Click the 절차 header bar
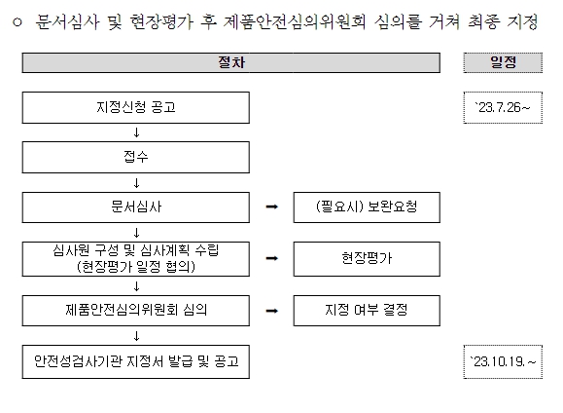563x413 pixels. tap(230, 62)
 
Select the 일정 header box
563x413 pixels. tap(503, 62)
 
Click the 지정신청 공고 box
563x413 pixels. tap(136, 107)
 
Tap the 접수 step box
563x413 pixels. tap(136, 157)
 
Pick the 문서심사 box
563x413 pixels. tap(136, 207)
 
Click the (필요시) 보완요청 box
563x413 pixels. tap(367, 207)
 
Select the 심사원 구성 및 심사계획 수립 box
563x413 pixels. tap(136, 259)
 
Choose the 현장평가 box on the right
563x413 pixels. tap(367, 259)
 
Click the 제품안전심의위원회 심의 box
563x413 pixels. tap(136, 311)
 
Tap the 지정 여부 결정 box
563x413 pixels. tap(367, 311)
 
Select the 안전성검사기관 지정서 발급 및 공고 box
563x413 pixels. tap(136, 361)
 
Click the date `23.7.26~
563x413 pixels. tap(503, 107)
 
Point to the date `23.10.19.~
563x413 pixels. tap(503, 361)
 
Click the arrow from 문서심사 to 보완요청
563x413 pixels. tap(272, 206)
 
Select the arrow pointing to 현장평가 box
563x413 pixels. tap(272, 258)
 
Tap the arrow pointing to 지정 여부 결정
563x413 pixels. tap(272, 311)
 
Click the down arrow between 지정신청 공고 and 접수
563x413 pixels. tap(136, 132)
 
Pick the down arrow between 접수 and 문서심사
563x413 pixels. tap(136, 183)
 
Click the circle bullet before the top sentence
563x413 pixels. tap(17, 22)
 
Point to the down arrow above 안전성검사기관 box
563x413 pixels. tap(136, 336)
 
